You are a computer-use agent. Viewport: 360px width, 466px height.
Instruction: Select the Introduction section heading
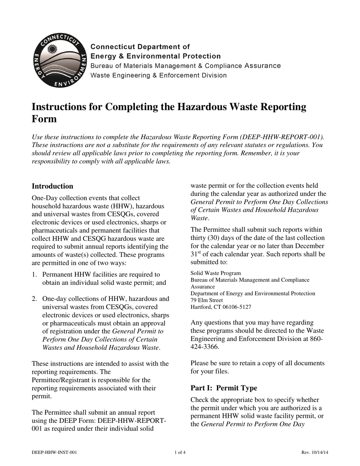pyautogui.click(x=52, y=186)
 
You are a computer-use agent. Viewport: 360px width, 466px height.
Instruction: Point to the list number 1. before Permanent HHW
pyautogui.click(x=34, y=274)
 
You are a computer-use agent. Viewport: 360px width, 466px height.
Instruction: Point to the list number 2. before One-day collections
pyautogui.click(x=34, y=299)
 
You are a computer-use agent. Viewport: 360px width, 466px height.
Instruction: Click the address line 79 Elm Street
pyautogui.click(x=207, y=300)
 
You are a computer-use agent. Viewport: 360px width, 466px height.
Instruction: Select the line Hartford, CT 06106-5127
pyautogui.click(x=221, y=307)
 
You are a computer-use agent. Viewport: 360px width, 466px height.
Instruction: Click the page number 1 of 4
pyautogui.click(x=180, y=452)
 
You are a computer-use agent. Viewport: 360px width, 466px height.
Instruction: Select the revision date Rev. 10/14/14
pyautogui.click(x=315, y=452)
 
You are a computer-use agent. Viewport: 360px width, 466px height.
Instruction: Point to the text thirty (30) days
pyautogui.click(x=213, y=238)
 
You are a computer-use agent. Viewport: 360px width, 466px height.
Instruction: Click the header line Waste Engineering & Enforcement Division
pyautogui.click(x=158, y=75)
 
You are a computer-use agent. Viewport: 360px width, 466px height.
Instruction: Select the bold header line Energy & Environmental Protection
pyautogui.click(x=155, y=56)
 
